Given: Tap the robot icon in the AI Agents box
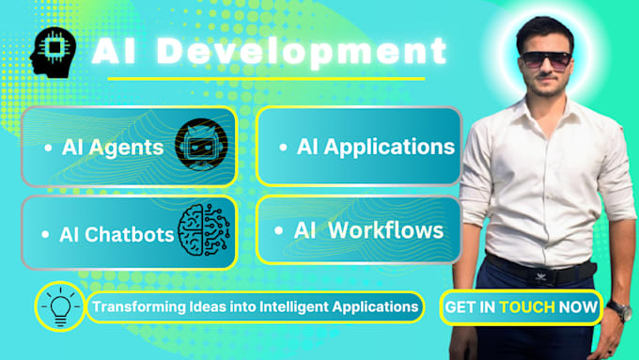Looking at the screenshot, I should pos(201,145).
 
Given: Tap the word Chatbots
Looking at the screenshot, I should pos(131,234).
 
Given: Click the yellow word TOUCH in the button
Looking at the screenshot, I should pos(527,306).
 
